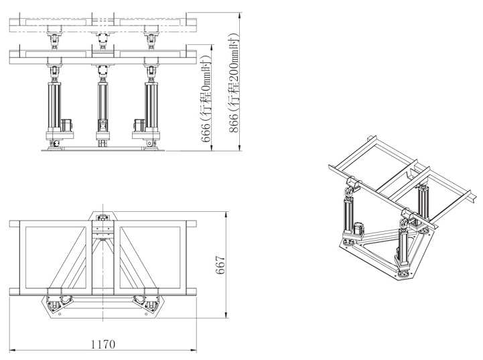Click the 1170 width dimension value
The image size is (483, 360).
click(103, 344)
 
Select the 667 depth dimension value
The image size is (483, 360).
click(220, 265)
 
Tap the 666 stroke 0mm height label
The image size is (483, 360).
click(206, 99)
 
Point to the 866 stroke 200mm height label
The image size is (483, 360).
click(234, 82)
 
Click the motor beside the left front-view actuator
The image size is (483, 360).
click(66, 125)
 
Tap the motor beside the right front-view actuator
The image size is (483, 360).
click(139, 125)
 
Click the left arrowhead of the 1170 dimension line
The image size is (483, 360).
click(12, 350)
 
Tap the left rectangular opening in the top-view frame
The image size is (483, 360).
click(56, 257)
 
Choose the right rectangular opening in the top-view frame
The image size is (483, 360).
click(150, 257)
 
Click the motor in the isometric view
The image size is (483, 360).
click(359, 229)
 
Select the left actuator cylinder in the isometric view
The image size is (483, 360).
click(349, 215)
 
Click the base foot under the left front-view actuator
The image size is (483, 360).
click(55, 144)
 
